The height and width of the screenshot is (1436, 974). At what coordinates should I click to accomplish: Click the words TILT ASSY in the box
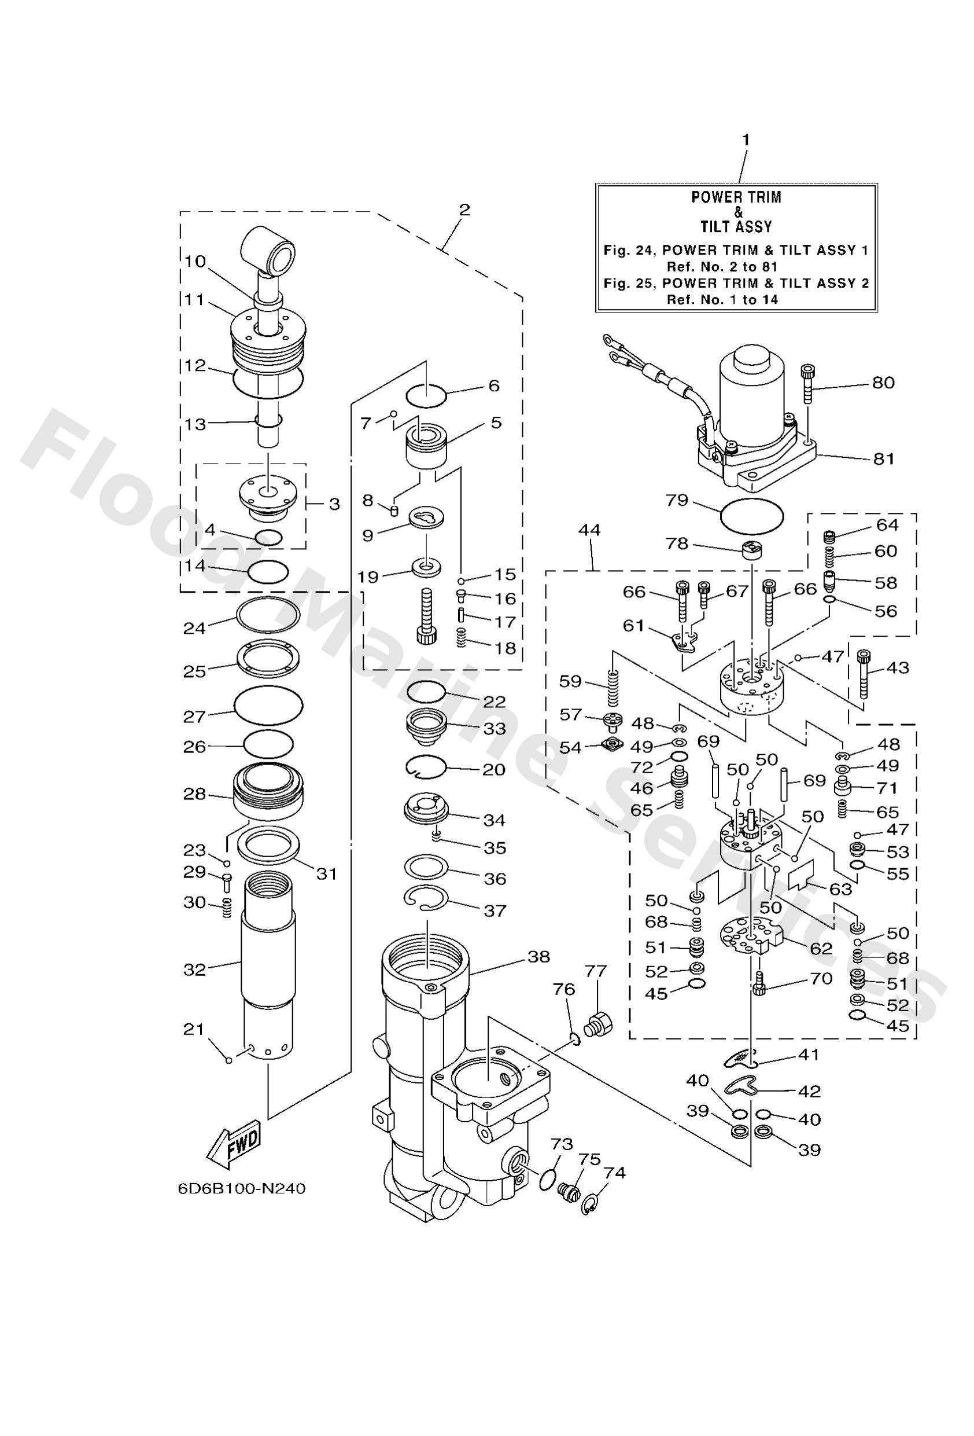point(736,227)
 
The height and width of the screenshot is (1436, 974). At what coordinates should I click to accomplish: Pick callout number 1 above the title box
point(746,141)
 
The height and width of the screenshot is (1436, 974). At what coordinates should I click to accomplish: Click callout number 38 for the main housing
point(538,957)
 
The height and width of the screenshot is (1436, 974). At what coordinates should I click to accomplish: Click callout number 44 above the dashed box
point(589,530)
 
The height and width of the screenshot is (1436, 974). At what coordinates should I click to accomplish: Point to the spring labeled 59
point(612,688)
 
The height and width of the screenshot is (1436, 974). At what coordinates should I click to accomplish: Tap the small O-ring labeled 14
point(268,571)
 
